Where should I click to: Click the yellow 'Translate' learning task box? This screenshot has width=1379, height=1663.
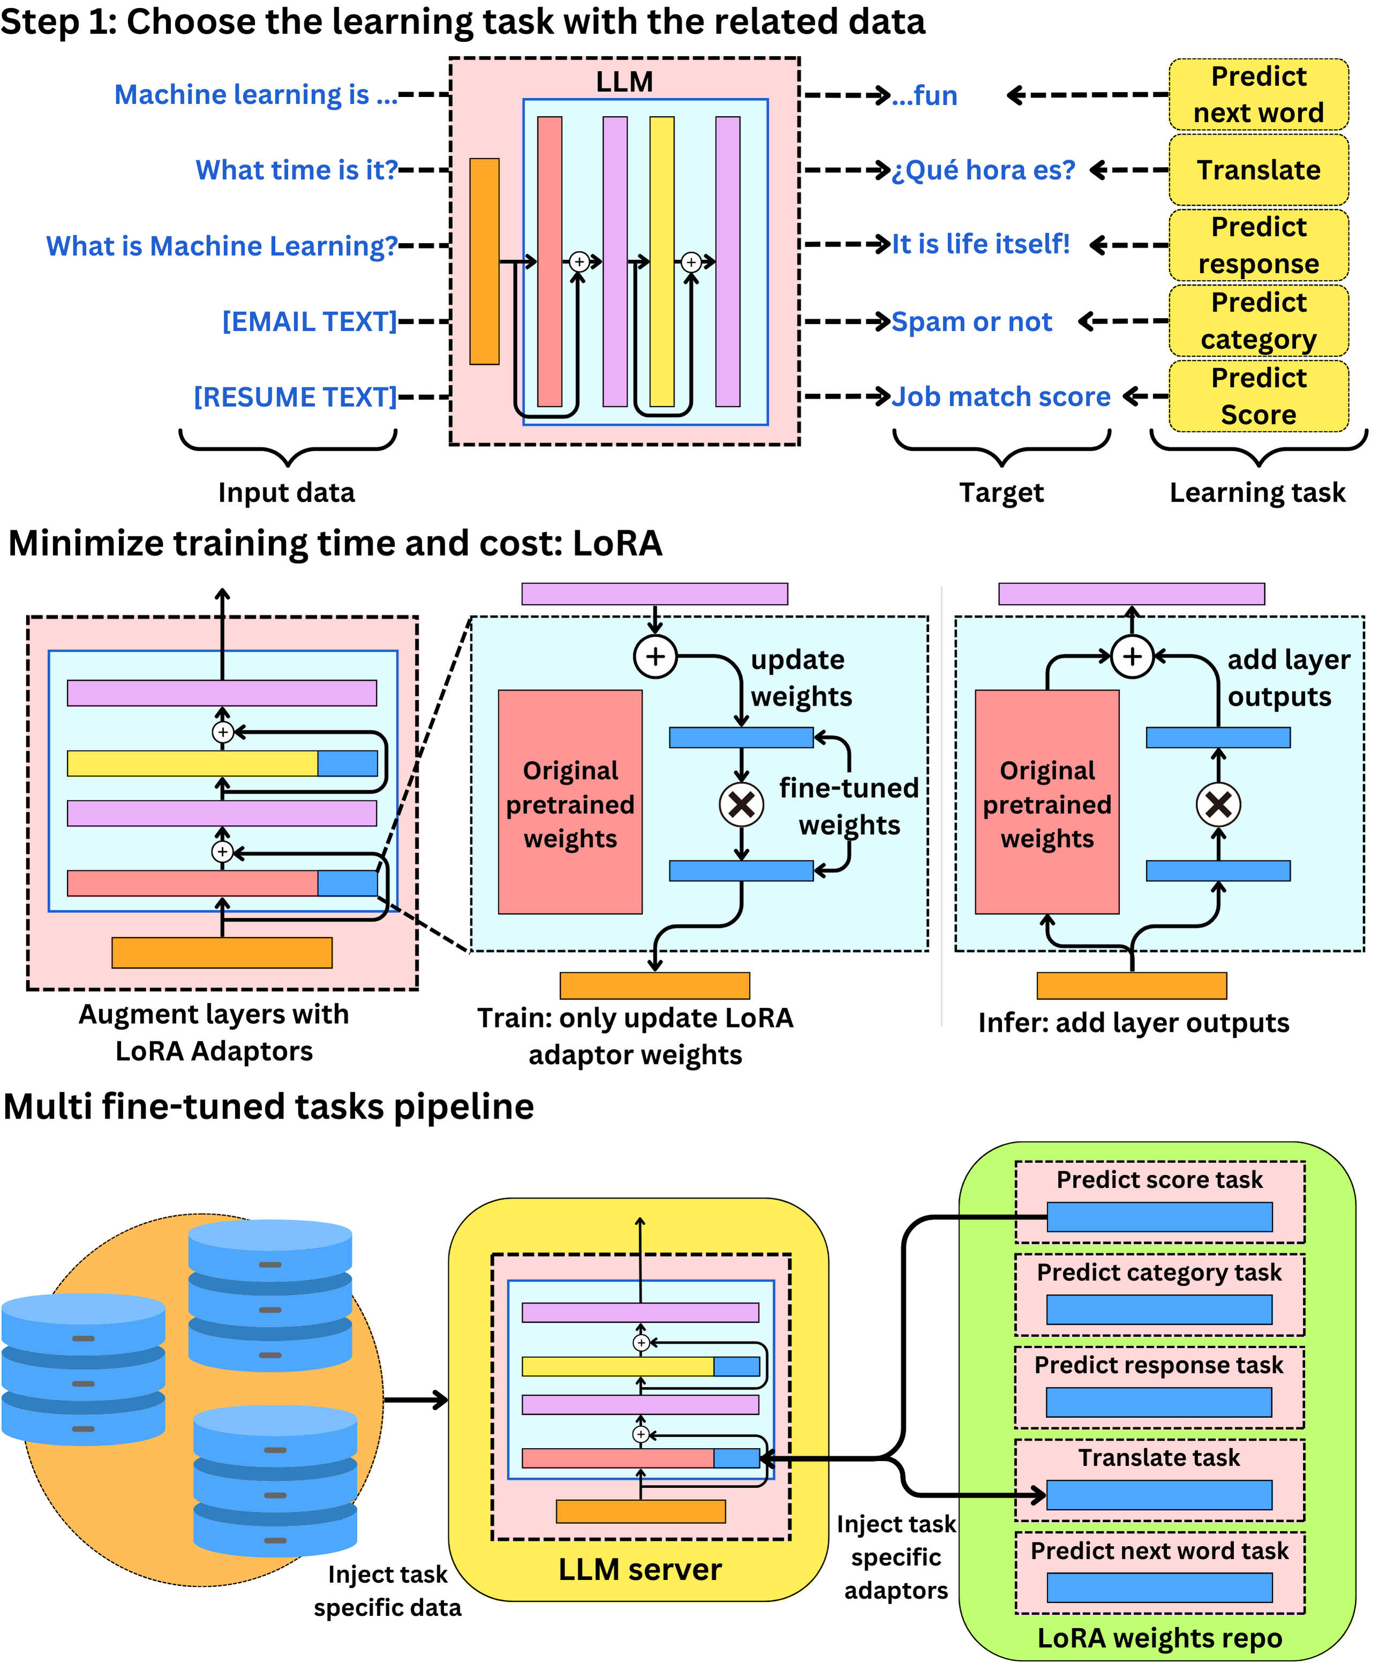1258,170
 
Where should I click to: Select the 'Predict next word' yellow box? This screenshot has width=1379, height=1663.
1258,94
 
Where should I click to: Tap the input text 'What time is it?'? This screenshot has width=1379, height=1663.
296,170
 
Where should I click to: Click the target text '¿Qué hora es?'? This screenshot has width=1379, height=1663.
983,170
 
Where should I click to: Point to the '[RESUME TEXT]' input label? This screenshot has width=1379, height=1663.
295,397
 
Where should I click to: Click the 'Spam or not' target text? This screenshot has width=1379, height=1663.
971,321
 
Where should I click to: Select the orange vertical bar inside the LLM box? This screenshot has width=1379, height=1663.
484,261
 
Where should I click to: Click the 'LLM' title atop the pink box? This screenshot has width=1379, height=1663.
624,81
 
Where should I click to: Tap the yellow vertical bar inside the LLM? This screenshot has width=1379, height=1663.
662,261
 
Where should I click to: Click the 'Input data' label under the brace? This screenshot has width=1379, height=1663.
286,492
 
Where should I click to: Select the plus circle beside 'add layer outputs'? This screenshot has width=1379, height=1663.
1132,656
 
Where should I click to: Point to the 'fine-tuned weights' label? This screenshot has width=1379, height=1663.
849,806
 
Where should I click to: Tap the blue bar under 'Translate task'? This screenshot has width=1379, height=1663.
1159,1495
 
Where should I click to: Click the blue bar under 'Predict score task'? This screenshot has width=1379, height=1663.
1159,1217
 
